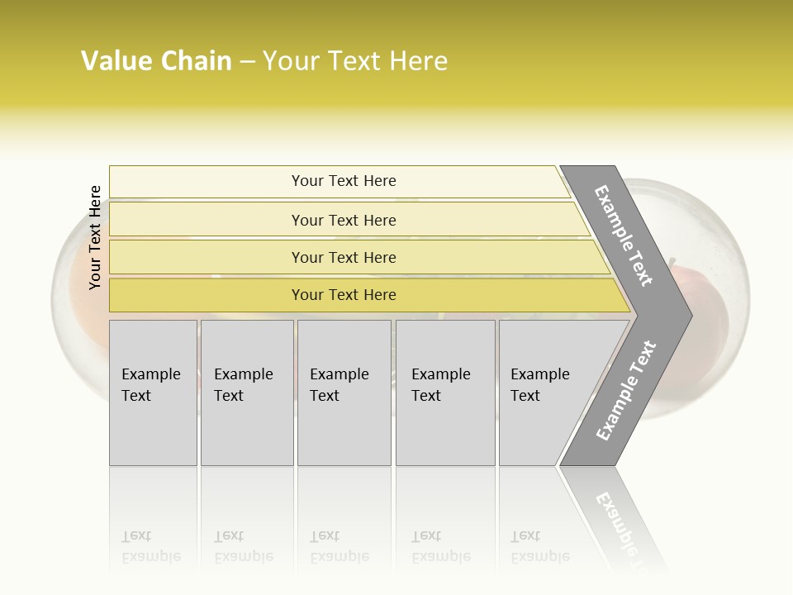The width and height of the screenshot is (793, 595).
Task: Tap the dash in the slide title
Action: click(247, 62)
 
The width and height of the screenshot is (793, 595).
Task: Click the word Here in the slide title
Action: click(418, 61)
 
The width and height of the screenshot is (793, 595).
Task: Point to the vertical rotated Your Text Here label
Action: click(95, 237)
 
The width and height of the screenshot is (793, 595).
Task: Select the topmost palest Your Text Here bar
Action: click(344, 181)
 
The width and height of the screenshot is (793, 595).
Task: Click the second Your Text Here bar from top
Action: click(344, 220)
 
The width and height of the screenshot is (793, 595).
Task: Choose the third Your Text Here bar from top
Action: click(344, 257)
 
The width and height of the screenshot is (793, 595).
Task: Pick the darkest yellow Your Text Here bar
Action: click(344, 295)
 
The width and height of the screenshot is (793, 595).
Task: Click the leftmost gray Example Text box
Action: click(153, 393)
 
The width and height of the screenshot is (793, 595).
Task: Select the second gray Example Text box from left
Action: click(246, 393)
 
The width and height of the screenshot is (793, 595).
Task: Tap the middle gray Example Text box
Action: click(344, 393)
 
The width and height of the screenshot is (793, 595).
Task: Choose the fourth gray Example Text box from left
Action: click(445, 393)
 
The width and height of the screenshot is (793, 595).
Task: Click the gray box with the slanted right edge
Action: click(545, 393)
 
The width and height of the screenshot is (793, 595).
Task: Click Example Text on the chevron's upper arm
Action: click(624, 236)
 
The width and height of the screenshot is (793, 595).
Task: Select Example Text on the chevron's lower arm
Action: click(625, 391)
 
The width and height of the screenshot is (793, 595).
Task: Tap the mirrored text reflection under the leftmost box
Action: click(151, 546)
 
